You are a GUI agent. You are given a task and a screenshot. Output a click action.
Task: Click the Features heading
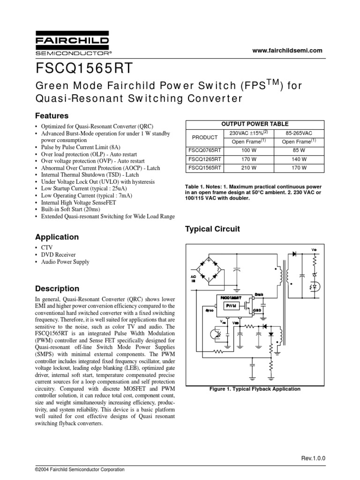(52, 115)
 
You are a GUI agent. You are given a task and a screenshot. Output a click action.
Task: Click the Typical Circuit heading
(212, 229)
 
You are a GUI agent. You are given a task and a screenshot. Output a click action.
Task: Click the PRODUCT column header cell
(205, 137)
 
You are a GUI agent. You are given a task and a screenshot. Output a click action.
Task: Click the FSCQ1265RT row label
(205, 159)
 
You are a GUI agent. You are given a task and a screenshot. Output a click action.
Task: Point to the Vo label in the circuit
(314, 248)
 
